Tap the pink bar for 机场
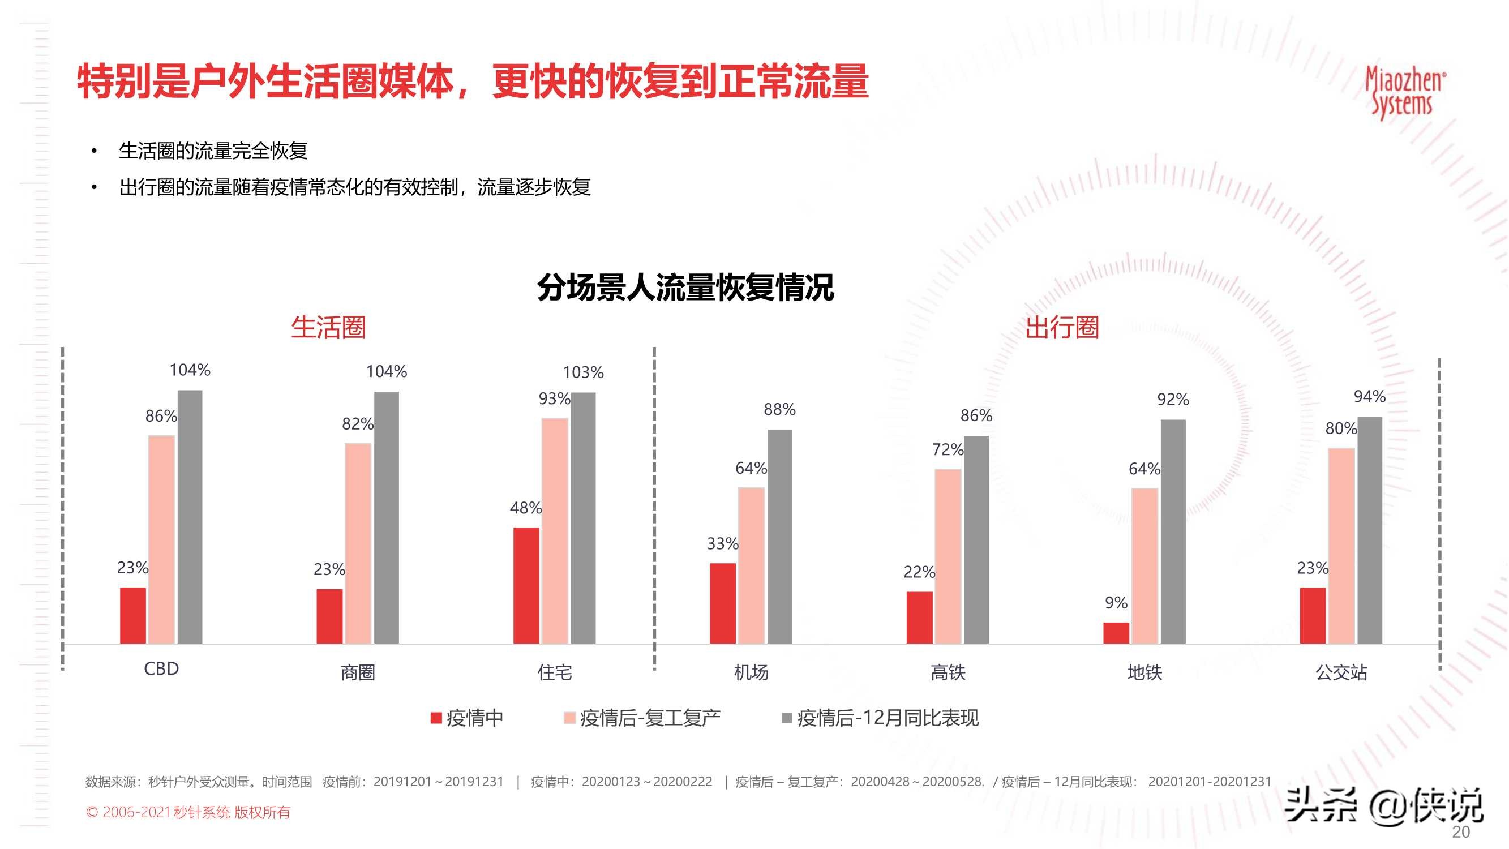pos(751,565)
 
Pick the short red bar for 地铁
pos(1116,633)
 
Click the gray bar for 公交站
pos(1370,530)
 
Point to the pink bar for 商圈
pos(357,543)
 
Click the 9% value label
pos(1116,602)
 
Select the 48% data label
pos(525,507)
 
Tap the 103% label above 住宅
pos(583,372)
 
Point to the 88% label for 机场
pos(779,410)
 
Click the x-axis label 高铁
pos(948,672)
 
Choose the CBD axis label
pos(161,668)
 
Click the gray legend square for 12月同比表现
pos(787,718)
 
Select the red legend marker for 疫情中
pos(436,718)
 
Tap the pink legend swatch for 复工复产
pos(569,718)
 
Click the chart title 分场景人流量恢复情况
pos(685,287)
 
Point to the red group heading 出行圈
pos(1061,327)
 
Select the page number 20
pos(1460,832)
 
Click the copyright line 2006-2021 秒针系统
pos(188,812)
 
